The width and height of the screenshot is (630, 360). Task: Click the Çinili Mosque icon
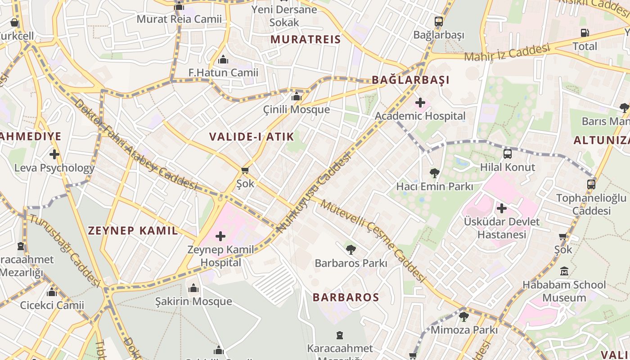pyautogui.click(x=296, y=97)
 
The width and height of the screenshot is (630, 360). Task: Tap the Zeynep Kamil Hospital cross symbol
pyautogui.click(x=220, y=236)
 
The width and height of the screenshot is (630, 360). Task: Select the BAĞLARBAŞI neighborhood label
pyautogui.click(x=410, y=80)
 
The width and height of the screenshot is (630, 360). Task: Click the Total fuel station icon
pyautogui.click(x=585, y=33)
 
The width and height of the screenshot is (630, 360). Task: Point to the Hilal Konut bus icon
pyautogui.click(x=508, y=154)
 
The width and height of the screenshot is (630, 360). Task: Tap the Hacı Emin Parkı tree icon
pyautogui.click(x=434, y=173)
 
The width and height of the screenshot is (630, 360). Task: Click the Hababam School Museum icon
pyautogui.click(x=564, y=271)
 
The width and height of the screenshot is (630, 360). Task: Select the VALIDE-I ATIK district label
pyautogui.click(x=252, y=137)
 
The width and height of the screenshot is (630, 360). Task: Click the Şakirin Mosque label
pyautogui.click(x=193, y=301)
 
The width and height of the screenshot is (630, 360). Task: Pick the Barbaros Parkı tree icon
pyautogui.click(x=351, y=249)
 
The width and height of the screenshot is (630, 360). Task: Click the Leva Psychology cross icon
pyautogui.click(x=54, y=154)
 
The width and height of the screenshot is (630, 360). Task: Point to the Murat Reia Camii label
pyautogui.click(x=179, y=19)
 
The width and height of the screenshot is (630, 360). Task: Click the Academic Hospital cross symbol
pyautogui.click(x=420, y=103)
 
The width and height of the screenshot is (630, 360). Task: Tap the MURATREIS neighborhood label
pyautogui.click(x=306, y=39)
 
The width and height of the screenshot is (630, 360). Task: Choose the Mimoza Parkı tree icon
pyautogui.click(x=464, y=317)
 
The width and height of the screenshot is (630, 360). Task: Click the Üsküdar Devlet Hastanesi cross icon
pyautogui.click(x=502, y=208)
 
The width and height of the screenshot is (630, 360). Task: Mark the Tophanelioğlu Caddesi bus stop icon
pyautogui.click(x=591, y=184)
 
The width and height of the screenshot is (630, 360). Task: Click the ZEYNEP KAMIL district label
pyautogui.click(x=133, y=231)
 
